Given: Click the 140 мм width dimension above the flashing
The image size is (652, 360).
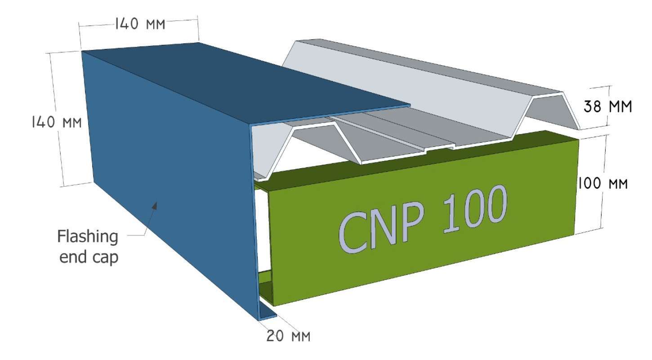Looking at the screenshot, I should (x=139, y=24).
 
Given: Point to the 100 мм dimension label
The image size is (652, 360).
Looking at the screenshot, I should (x=603, y=184).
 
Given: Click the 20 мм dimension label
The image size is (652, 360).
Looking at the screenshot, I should (x=288, y=336).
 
